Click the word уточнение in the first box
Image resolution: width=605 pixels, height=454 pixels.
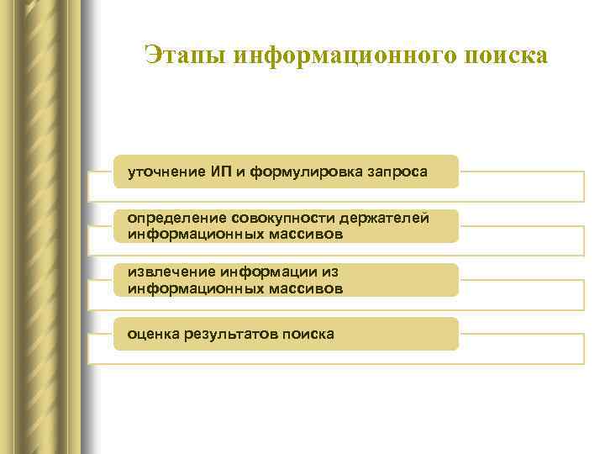pos(166,172)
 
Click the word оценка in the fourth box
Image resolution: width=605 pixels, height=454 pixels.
pos(153,334)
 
